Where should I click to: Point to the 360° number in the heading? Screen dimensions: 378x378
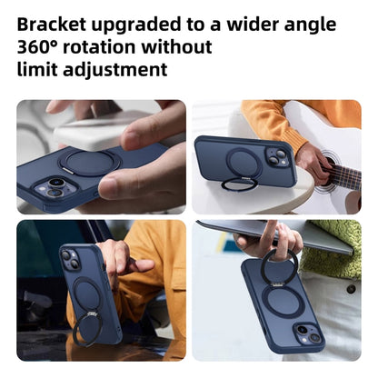tap(41, 46)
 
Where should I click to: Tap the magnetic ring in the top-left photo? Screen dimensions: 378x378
tap(89, 163)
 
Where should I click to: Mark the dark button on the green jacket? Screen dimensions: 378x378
tap(350, 289)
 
